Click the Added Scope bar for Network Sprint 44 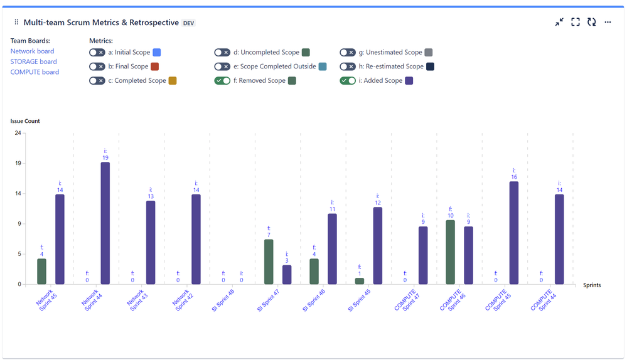pos(105,223)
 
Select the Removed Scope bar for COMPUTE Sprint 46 pos(450,252)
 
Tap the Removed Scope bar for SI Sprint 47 pos(269,262)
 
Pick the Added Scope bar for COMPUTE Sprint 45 pos(514,233)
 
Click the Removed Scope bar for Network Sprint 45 pos(41,271)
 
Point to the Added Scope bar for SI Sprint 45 pos(377,245)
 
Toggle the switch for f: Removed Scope pos(222,80)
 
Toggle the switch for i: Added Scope pos(348,80)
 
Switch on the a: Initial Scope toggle pos(97,53)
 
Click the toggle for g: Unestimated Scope pos(348,53)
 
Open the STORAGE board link pos(33,61)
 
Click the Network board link pos(32,51)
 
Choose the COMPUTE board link pos(35,72)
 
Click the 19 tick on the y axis pos(18,163)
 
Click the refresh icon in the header pos(591,22)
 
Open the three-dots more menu pos(608,22)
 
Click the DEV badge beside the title pos(189,23)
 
